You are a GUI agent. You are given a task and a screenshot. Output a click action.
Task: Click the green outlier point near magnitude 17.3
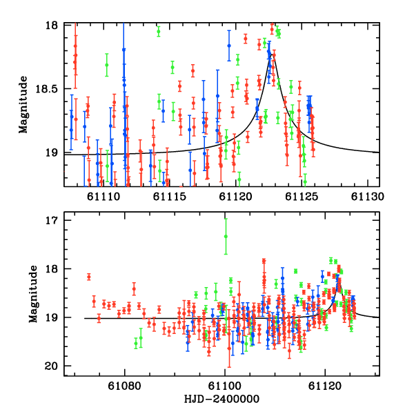(x=226, y=236)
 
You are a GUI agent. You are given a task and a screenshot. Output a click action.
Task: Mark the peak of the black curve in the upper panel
(x=272, y=54)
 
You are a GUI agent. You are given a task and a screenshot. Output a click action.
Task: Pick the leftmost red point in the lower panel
(x=89, y=277)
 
